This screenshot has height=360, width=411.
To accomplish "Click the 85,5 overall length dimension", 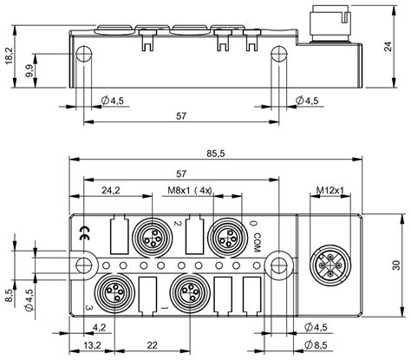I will (x=217, y=154).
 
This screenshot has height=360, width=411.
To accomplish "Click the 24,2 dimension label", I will (x=110, y=189).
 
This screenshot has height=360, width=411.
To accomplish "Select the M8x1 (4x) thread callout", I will (x=188, y=189).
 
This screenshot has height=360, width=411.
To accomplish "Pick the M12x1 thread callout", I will (x=329, y=189).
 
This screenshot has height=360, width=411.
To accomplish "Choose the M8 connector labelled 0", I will (x=222, y=234).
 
